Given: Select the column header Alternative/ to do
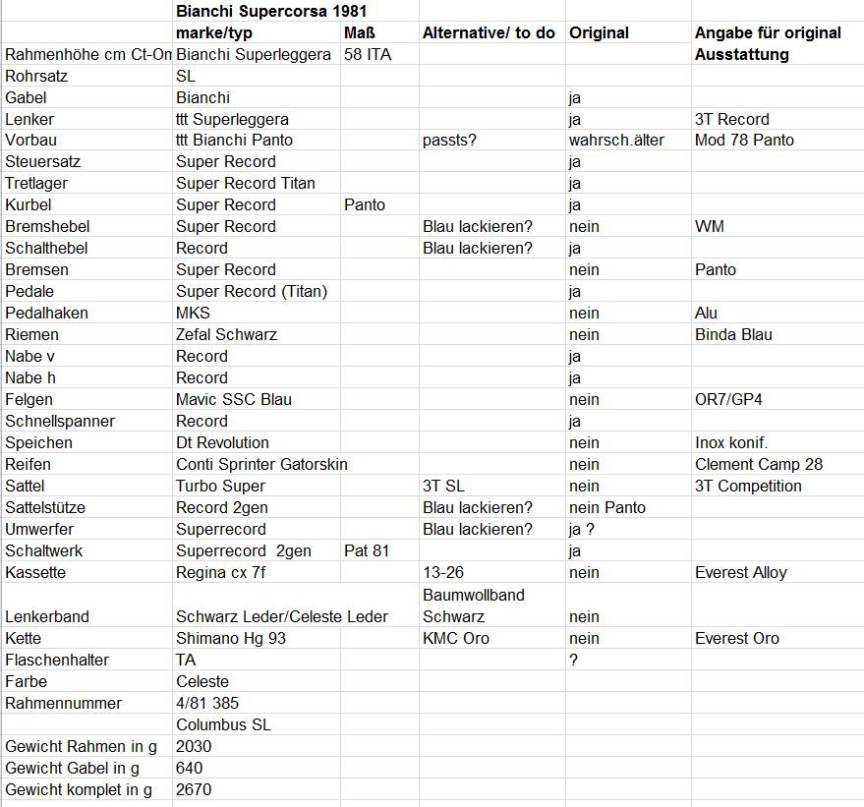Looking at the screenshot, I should [x=489, y=33].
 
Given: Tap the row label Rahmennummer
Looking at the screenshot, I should [x=64, y=703].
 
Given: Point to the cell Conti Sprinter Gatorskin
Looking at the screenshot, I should [x=260, y=464].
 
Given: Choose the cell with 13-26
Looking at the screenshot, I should [x=443, y=572].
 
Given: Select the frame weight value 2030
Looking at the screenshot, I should [x=194, y=746].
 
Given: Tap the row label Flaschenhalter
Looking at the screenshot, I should [x=57, y=660].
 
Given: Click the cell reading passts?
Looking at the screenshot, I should [x=449, y=140].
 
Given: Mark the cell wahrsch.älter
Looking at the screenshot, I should [x=616, y=140].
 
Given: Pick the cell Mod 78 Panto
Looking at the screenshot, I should [x=744, y=140].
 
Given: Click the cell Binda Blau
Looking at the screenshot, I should [x=733, y=334].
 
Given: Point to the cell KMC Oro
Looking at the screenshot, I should [x=456, y=638].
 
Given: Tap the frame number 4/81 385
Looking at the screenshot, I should [x=207, y=703].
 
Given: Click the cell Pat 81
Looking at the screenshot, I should [x=368, y=550].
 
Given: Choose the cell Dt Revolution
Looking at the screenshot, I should [x=222, y=442].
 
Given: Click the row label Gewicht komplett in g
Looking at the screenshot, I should [x=79, y=789].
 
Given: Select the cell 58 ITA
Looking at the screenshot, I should [x=368, y=55].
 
